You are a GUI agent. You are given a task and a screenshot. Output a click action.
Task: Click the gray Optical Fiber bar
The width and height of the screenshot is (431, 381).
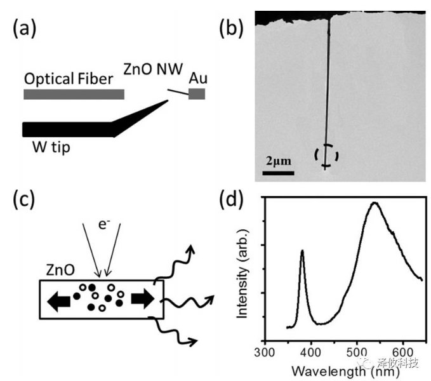pos(74,95)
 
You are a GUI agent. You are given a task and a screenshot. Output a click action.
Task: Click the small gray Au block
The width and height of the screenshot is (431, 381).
pos(197,94)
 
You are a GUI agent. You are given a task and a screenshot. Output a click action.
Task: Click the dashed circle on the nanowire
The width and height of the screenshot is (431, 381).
pos(327,156)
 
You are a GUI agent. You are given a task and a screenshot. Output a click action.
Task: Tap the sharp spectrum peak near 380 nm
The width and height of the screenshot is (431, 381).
pos(302,251)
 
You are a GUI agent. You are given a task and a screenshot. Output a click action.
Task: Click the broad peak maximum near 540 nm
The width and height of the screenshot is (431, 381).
pos(375,203)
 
